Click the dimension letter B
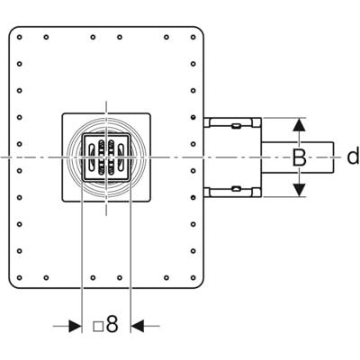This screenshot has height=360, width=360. [x=299, y=157]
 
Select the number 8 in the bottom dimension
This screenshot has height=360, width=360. [x=112, y=324]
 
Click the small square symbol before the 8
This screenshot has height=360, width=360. [x=98, y=327]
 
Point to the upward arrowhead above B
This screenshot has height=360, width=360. [x=299, y=124]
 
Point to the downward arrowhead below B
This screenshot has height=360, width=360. [x=299, y=190]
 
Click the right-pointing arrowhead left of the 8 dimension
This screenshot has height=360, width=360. [x=75, y=326]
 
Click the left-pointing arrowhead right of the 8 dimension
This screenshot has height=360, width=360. [x=138, y=326]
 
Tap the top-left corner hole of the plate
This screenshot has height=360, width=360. [x=20, y=37]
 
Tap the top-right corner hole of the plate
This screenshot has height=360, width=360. [x=193, y=37]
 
